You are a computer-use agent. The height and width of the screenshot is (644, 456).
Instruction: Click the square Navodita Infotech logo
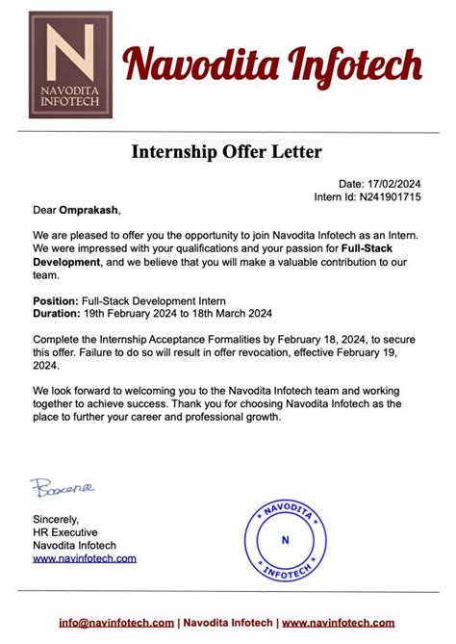coord(70,64)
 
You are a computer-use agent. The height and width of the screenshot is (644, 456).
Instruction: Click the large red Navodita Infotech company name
coord(271,65)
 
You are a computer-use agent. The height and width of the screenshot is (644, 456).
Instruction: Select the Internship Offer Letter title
coord(227,151)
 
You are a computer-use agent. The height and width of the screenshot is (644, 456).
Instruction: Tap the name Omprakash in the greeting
coord(89,209)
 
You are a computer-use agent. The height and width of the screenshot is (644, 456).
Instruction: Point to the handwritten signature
coord(63,487)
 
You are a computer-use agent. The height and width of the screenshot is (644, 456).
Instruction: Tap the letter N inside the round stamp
coord(285,540)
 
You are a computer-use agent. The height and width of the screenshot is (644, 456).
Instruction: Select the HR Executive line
coord(66,532)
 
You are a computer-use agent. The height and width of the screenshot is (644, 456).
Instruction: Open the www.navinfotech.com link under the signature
coord(85,557)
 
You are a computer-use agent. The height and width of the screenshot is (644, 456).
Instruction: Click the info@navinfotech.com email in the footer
coord(116,622)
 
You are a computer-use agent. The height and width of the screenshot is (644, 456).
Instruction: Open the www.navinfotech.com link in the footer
coord(340,622)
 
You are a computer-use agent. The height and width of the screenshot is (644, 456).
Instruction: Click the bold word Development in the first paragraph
coord(66,262)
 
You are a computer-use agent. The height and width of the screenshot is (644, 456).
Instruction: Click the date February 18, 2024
coord(321,339)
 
